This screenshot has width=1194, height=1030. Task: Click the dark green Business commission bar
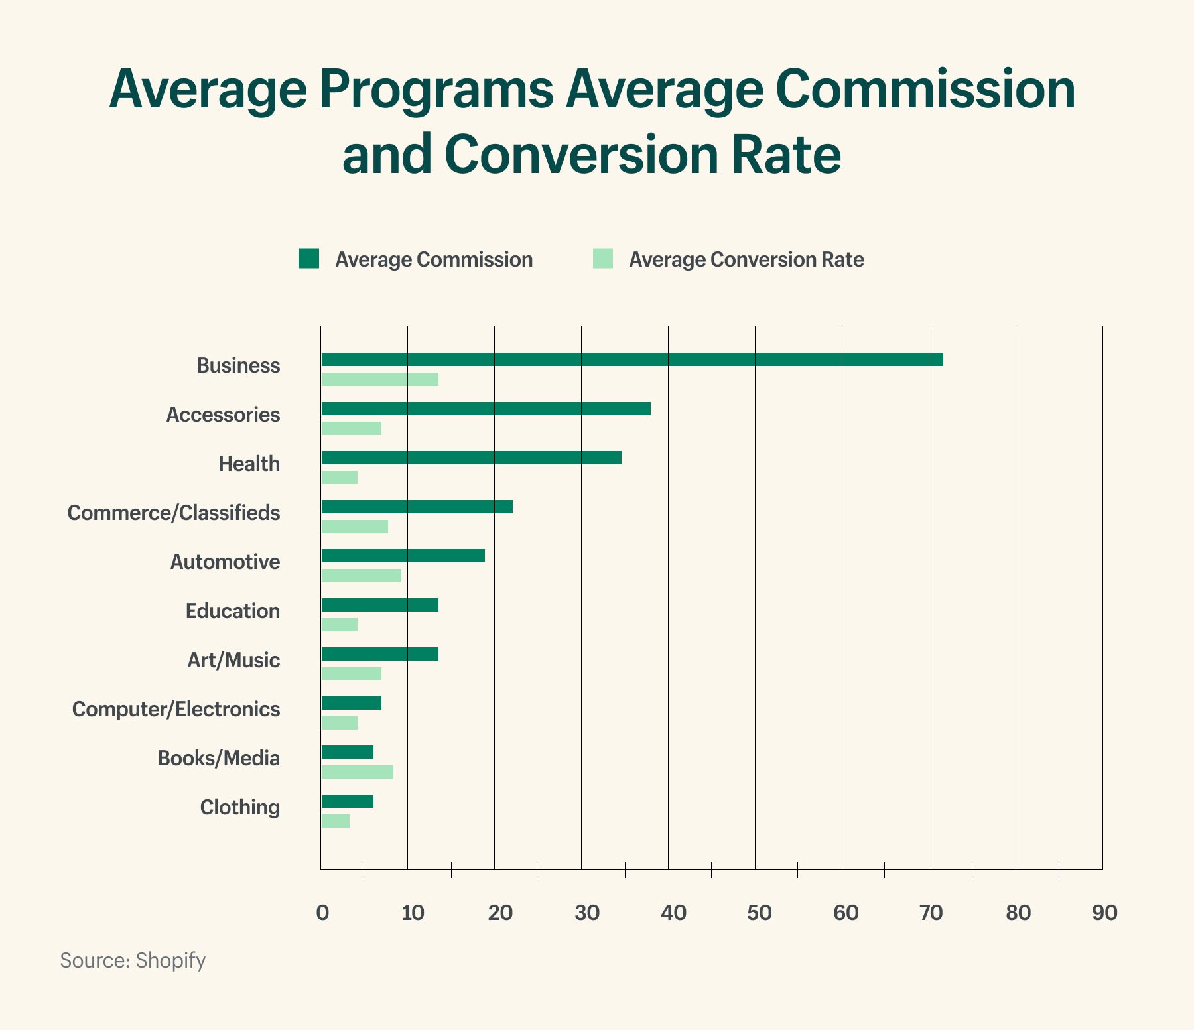click(631, 359)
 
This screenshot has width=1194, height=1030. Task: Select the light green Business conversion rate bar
click(379, 379)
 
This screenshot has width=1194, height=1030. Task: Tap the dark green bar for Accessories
click(486, 409)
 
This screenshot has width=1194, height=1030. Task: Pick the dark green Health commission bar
click(471, 458)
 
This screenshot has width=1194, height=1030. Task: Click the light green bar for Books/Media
click(357, 772)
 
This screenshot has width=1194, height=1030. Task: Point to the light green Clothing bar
click(335, 821)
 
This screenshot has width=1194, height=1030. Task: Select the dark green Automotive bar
click(403, 556)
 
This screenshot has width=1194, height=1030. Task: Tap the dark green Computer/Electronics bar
click(351, 703)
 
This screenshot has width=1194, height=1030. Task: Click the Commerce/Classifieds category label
click(174, 513)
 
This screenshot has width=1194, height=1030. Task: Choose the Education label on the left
click(232, 611)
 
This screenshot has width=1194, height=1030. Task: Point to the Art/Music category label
click(233, 660)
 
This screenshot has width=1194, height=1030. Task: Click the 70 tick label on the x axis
click(931, 913)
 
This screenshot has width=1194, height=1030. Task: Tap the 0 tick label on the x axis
click(322, 913)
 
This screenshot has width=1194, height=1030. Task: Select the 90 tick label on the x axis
click(1104, 913)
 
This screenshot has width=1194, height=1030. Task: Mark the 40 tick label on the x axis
click(673, 913)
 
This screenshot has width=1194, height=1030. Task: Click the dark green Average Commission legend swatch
click(309, 259)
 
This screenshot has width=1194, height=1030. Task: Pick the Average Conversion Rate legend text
click(746, 259)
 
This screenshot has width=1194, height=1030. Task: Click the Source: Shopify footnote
click(133, 960)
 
